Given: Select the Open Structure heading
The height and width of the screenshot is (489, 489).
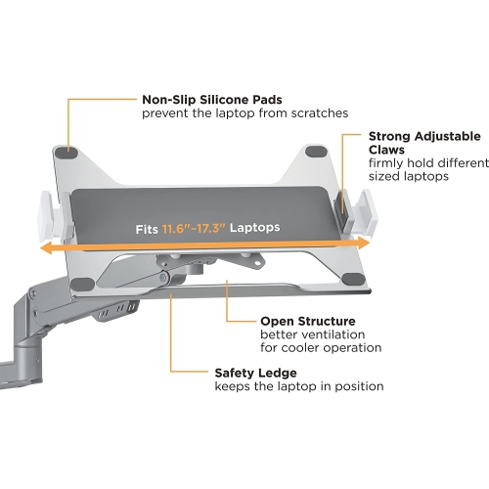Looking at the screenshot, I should pyautogui.click(x=306, y=320).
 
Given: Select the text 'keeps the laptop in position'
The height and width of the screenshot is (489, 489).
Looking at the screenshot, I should pyautogui.click(x=298, y=386).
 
